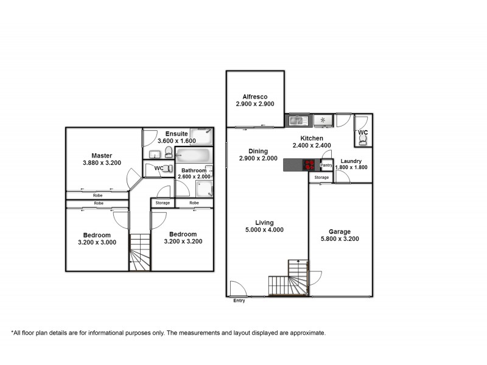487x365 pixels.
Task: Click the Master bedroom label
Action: point(102,155)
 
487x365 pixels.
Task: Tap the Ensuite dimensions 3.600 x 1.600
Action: point(177,141)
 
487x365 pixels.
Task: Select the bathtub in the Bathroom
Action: point(193,156)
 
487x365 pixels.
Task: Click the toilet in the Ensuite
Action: point(169,152)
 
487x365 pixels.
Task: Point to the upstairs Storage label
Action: point(163,203)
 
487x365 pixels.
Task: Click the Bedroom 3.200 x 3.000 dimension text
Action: point(97,242)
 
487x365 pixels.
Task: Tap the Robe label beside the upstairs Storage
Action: point(194,203)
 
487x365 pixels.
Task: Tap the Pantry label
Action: point(326,165)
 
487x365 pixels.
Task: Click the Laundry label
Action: point(352,161)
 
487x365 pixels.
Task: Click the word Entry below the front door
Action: point(239,301)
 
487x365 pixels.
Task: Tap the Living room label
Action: point(264,222)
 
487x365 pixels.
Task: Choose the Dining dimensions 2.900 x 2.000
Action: point(255,159)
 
